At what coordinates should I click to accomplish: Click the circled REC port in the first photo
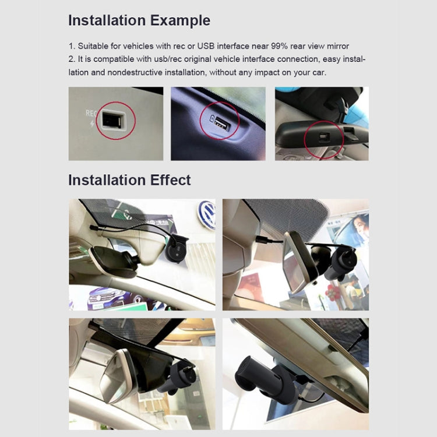tap(112, 121)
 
